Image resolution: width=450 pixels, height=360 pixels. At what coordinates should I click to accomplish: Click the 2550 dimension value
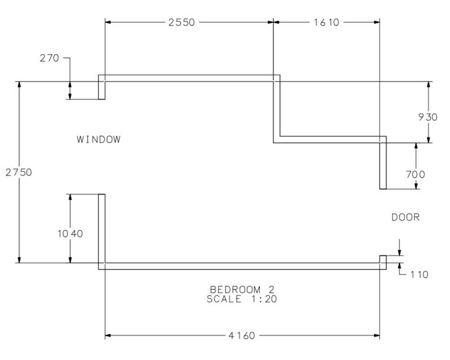(181, 22)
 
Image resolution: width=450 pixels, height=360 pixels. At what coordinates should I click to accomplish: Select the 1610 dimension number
(326, 22)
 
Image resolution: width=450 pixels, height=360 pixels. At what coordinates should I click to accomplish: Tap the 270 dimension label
(49, 58)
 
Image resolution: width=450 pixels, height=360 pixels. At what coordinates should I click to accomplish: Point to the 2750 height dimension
(19, 172)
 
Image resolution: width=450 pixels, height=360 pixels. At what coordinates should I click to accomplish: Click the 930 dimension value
(427, 117)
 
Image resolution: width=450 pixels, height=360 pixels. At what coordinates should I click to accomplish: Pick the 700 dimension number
(415, 174)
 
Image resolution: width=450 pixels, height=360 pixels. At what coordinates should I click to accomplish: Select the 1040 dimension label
(70, 233)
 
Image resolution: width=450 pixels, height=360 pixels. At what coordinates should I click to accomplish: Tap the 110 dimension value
(419, 274)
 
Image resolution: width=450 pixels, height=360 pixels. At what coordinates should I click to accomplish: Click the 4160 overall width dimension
(242, 335)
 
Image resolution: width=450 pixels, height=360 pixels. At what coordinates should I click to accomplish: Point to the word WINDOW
(98, 139)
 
